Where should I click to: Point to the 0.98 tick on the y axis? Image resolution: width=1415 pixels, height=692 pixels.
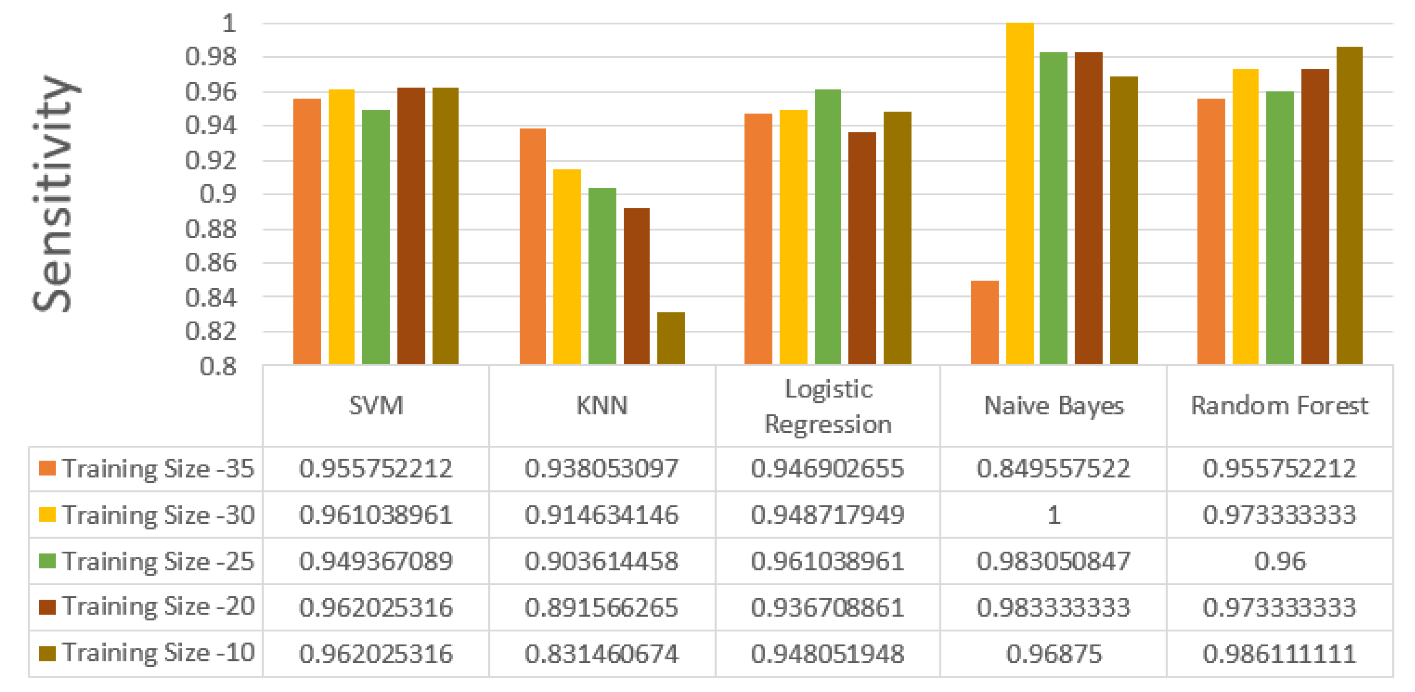coord(211,57)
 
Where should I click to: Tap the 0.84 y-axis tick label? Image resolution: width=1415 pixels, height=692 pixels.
coord(211,297)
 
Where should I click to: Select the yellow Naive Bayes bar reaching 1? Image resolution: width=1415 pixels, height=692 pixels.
coord(1020,192)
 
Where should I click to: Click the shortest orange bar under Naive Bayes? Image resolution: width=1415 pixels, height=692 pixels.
coord(984,322)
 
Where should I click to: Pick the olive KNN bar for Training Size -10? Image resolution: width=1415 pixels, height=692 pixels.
coord(671,338)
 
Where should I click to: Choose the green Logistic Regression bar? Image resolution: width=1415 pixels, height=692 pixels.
coord(828,226)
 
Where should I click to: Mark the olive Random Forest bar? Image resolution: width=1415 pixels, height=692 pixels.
coord(1349,205)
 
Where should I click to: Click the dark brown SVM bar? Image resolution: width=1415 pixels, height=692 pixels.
coord(411,226)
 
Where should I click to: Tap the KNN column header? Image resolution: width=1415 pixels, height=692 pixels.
coord(602,406)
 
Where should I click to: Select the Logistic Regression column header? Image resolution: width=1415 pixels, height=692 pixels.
coord(828,407)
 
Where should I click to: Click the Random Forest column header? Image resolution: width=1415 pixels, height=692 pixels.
coord(1279,406)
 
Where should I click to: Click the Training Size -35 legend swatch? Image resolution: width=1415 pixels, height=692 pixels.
coord(47,468)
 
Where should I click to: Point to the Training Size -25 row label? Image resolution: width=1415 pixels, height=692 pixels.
coord(158,561)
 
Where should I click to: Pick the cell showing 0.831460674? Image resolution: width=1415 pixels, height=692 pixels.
coord(602,654)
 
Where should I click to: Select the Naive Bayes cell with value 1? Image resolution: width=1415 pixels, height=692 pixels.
coord(1054,515)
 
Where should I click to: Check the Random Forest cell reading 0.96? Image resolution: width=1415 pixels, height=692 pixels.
coord(1279,561)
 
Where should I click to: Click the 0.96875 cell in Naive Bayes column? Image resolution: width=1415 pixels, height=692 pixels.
coord(1054,654)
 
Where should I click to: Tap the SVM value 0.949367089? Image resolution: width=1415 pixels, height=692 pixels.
coord(376,561)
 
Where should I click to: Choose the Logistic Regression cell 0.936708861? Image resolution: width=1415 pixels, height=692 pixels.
coord(827,607)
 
